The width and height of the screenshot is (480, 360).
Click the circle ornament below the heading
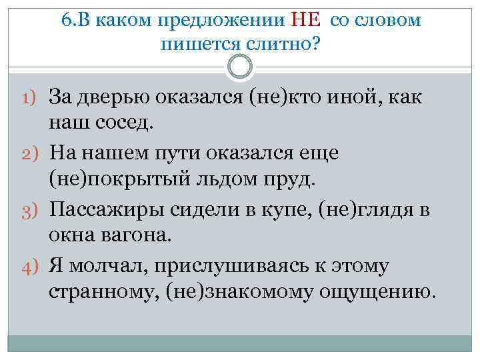tap(240, 67)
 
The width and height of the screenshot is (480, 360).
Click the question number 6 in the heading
tap(66, 19)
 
